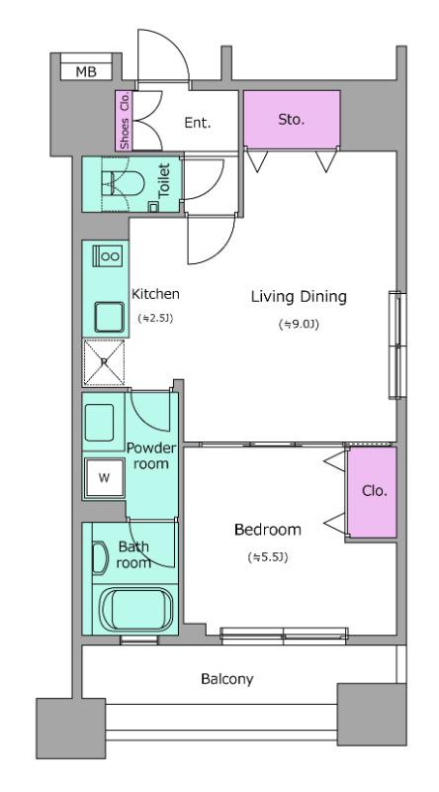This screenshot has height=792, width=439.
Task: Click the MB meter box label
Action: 86,71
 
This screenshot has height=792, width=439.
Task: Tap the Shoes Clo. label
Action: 125,120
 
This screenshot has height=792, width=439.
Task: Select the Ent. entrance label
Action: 197,123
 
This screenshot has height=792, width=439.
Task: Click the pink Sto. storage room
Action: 292,119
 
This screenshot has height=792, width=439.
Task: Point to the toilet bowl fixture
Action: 125,183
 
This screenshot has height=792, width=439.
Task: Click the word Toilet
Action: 164,181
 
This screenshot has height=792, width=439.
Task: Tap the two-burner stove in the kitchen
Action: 109,255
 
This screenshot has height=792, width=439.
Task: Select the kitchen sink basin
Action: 109,317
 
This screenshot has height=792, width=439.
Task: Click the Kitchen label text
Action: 155,294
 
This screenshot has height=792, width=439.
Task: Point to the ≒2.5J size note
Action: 155,318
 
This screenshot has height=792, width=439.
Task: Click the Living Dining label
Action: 299,297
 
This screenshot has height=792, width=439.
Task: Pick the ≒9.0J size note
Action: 299,325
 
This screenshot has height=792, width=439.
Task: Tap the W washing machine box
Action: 104,478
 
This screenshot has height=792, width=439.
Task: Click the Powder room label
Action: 151,455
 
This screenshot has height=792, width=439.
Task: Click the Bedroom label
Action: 268,530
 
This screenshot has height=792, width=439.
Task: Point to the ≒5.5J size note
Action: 267,557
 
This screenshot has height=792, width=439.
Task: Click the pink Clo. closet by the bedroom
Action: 373,492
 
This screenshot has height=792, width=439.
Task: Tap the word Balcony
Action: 227,679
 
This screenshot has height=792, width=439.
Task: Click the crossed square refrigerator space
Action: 104,363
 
